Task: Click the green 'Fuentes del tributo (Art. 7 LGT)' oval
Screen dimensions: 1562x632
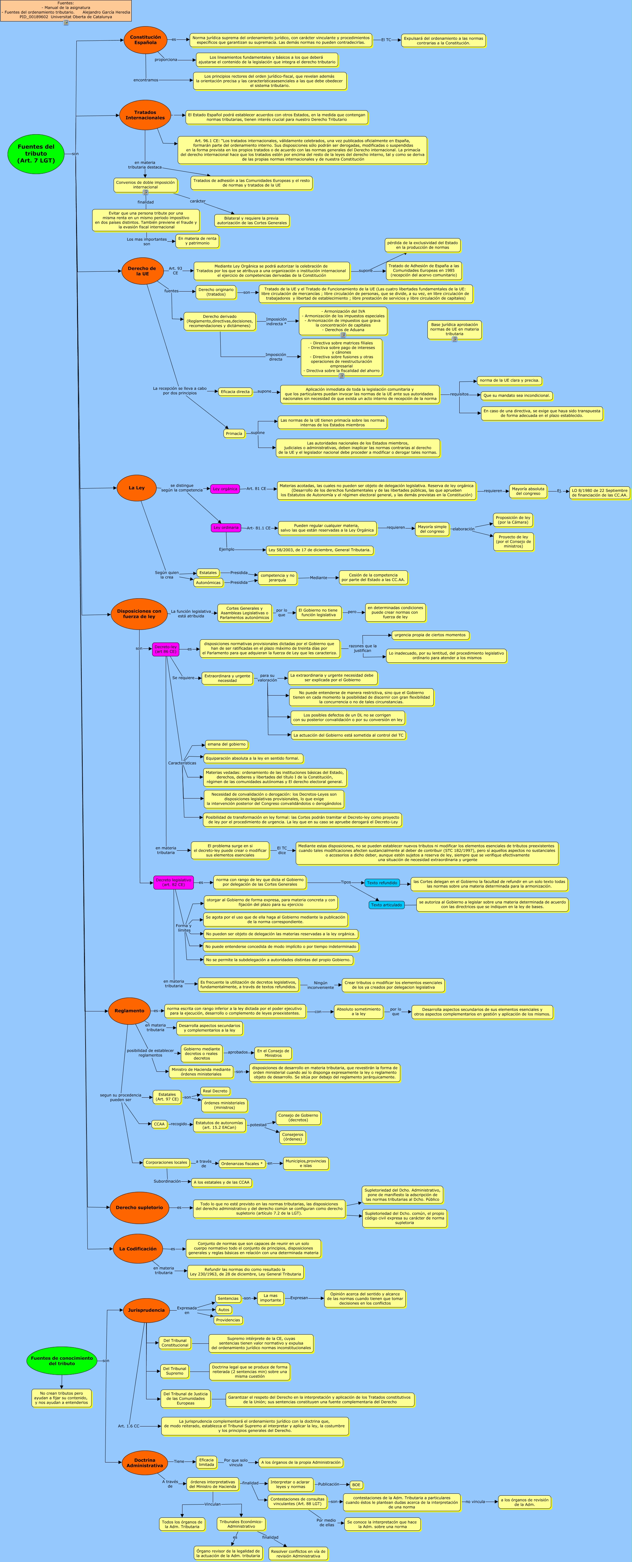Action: pyautogui.click(x=36, y=154)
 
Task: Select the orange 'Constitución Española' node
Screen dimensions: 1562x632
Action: pyautogui.click(x=146, y=40)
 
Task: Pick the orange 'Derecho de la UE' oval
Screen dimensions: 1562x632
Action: pyautogui.click(x=142, y=271)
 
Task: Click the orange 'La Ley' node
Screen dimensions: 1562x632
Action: pyautogui.click(x=136, y=488)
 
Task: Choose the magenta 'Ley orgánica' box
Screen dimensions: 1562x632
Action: pyautogui.click(x=225, y=489)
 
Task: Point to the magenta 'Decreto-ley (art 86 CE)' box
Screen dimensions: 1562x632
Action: pyautogui.click(x=165, y=649)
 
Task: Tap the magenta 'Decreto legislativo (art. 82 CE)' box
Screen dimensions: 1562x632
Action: pyautogui.click(x=173, y=882)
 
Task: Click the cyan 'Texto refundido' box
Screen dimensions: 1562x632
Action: pyautogui.click(x=382, y=883)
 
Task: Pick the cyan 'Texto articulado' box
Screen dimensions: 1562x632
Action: pyautogui.click(x=387, y=905)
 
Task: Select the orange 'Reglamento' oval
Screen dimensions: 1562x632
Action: pyautogui.click(x=129, y=1011)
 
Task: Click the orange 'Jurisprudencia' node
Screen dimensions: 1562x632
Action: pyautogui.click(x=146, y=1310)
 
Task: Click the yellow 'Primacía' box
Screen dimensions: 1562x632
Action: pyautogui.click(x=234, y=434)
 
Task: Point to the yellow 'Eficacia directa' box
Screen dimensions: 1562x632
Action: pyautogui.click(x=235, y=392)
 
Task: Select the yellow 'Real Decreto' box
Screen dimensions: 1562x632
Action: pyautogui.click(x=215, y=1091)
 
